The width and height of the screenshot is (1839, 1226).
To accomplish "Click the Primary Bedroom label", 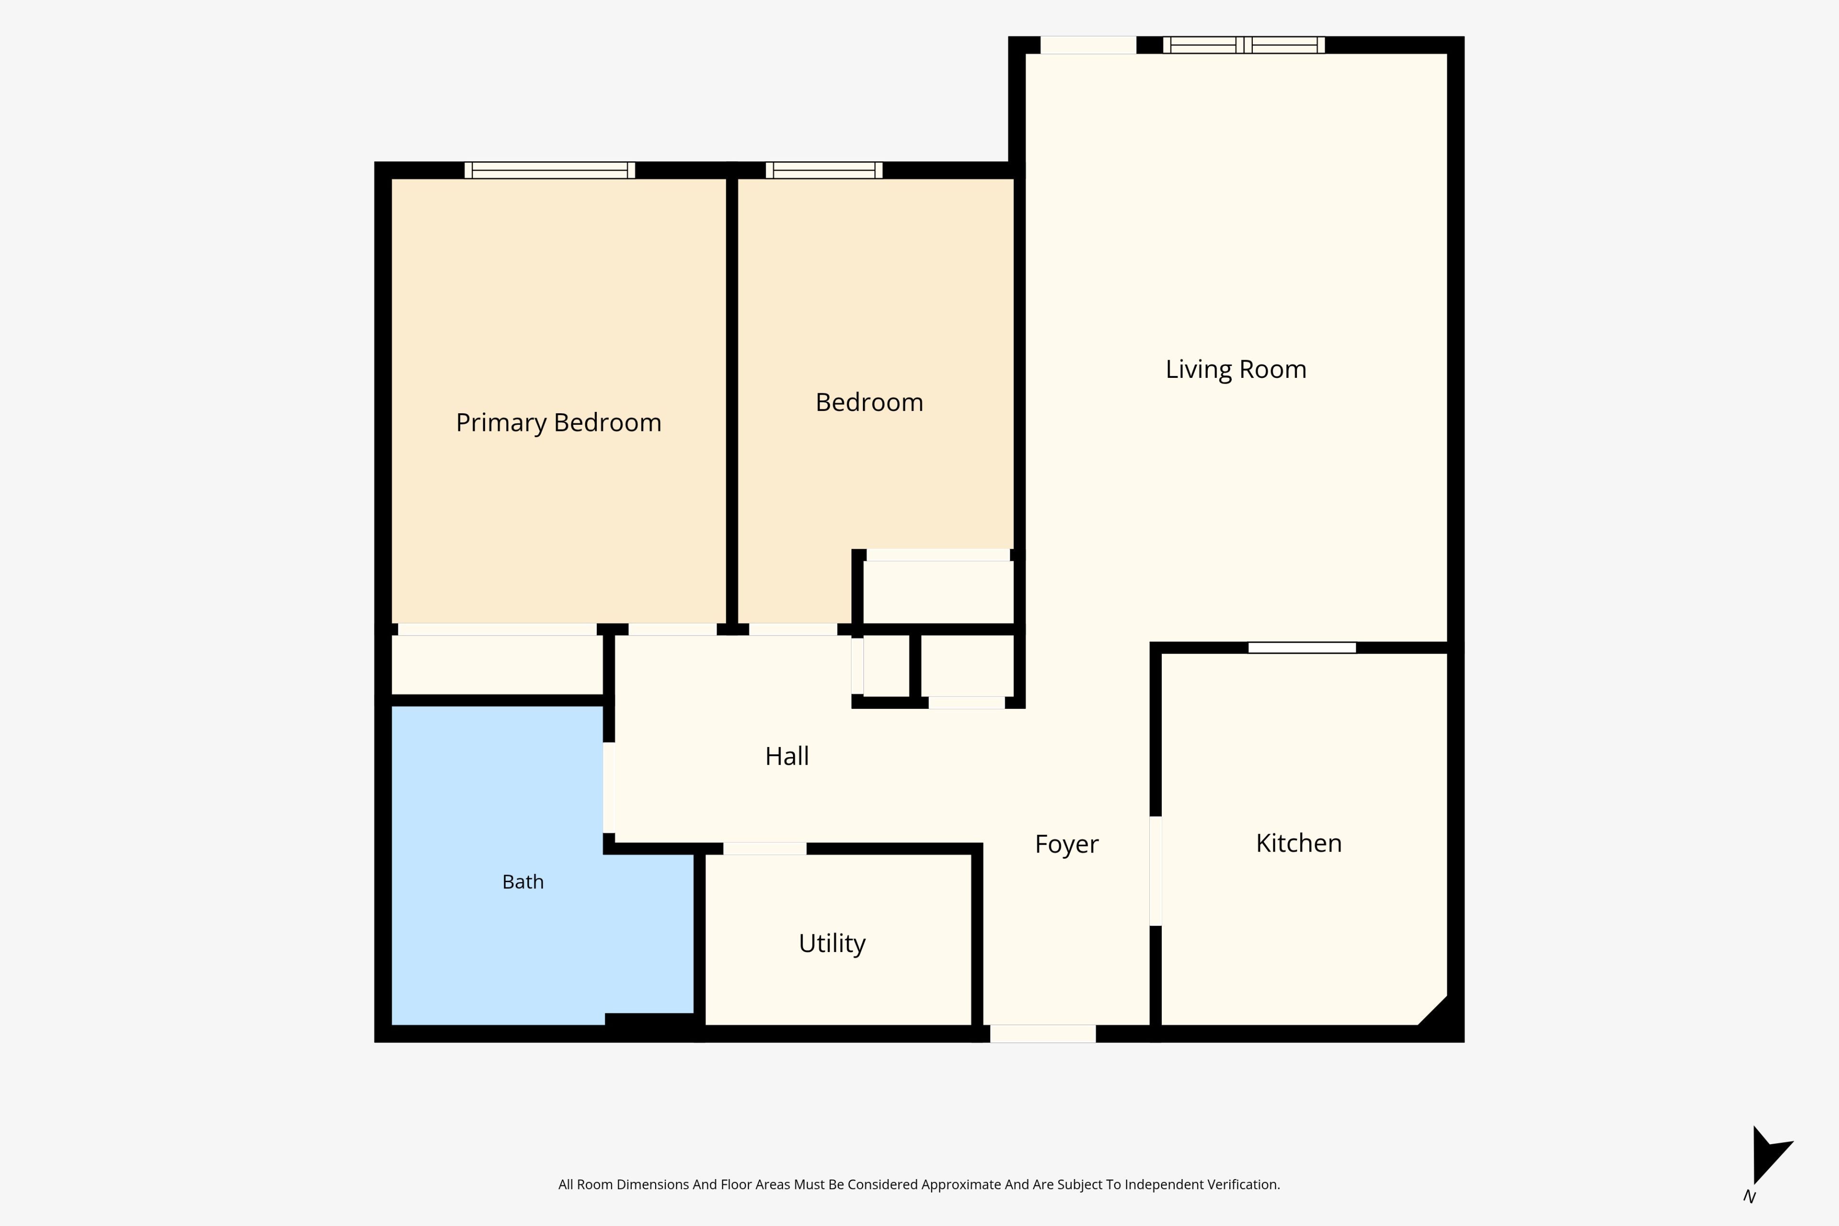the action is click(x=558, y=423).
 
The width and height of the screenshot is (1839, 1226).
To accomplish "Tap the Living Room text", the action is click(x=1236, y=369).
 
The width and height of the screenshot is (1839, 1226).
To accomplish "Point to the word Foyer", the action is click(x=1067, y=844).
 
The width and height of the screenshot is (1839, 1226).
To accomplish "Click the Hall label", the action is click(x=786, y=756).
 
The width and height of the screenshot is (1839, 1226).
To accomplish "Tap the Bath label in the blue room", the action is click(x=522, y=882).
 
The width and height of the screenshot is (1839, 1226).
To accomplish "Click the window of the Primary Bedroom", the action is click(x=550, y=170).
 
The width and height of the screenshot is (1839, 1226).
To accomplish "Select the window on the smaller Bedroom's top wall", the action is click(x=824, y=170).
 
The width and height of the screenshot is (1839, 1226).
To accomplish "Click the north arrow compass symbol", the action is click(x=1770, y=1156).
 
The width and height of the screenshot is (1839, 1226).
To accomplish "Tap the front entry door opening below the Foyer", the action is click(x=1043, y=1033).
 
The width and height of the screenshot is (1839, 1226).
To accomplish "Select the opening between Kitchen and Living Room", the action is click(x=1302, y=647).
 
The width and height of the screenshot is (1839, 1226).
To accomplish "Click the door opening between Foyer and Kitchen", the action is click(x=1156, y=871).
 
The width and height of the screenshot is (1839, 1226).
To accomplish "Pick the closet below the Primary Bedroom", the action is click(x=497, y=665).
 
